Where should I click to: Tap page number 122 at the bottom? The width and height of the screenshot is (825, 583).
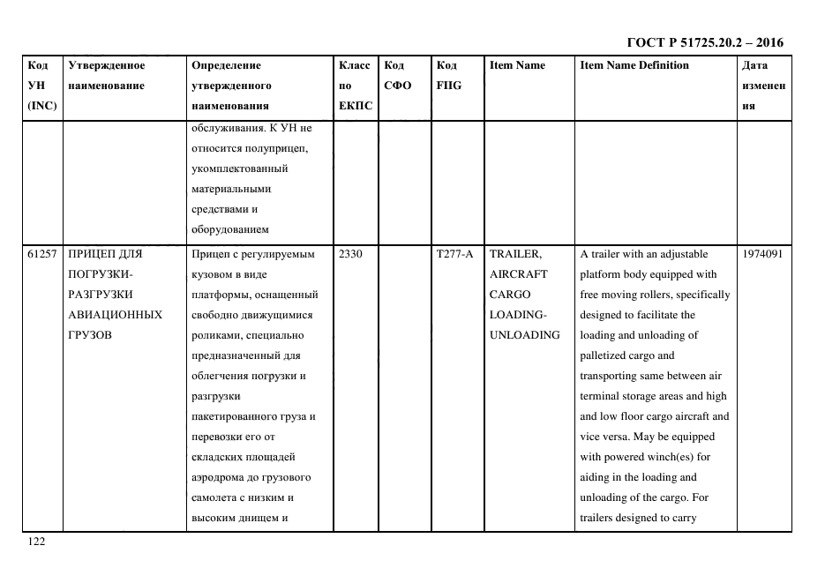pyautogui.click(x=36, y=542)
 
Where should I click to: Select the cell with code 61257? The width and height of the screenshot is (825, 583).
pyautogui.click(x=41, y=254)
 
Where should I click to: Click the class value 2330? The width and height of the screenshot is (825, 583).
pyautogui.click(x=350, y=254)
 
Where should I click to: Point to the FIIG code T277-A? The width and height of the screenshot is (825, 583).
pyautogui.click(x=454, y=254)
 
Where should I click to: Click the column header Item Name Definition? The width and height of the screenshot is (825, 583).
pyautogui.click(x=634, y=65)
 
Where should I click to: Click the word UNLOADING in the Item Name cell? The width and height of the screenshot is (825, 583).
pyautogui.click(x=525, y=335)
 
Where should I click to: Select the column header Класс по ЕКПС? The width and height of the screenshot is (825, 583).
pyautogui.click(x=356, y=86)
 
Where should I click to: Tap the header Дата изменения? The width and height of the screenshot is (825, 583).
pyautogui.click(x=763, y=86)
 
